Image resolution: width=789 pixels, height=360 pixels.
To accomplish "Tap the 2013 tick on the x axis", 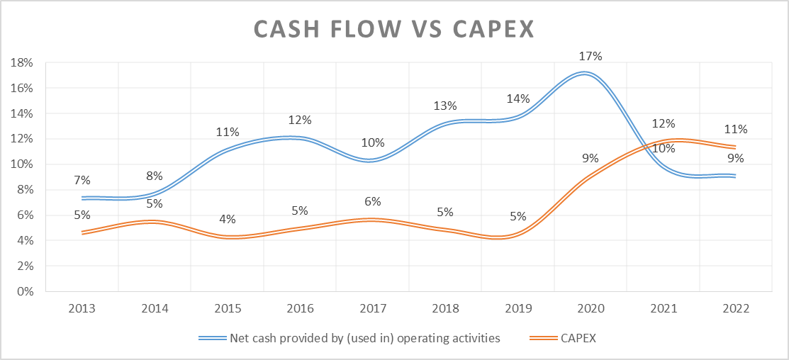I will (82, 309).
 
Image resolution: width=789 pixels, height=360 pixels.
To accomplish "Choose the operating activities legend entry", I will (365, 338).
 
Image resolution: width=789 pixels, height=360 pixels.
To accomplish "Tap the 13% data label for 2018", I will (445, 106).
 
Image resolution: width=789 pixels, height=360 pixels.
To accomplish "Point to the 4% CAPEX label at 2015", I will (228, 219).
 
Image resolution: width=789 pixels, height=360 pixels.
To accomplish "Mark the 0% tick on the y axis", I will (26, 291).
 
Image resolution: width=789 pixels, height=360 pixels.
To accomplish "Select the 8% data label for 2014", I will (155, 176).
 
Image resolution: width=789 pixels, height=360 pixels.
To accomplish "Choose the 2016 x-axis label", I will (300, 309).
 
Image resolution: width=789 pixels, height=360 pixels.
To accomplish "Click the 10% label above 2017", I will (372, 142).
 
